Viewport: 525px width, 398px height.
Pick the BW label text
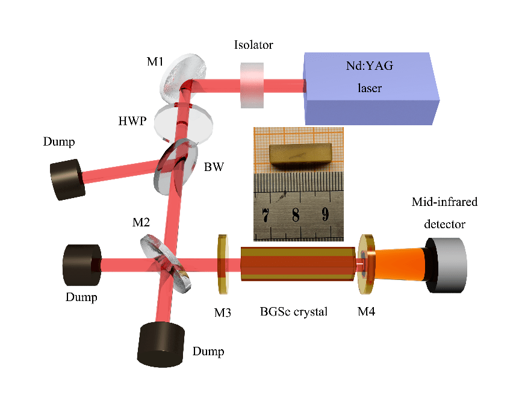[214, 167]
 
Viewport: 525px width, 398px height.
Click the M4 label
[367, 312]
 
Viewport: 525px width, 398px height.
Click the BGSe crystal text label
[294, 312]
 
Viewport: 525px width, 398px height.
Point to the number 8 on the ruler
[295, 214]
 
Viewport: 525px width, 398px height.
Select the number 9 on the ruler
[325, 214]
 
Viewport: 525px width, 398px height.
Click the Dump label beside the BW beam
[60, 142]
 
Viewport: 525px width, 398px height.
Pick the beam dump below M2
[161, 344]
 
